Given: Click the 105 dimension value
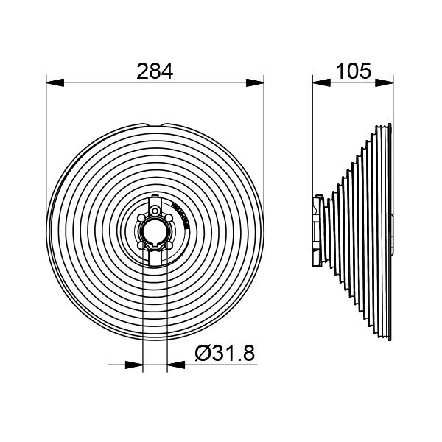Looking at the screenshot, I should click(353, 71).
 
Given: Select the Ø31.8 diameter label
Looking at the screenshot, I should click(225, 354).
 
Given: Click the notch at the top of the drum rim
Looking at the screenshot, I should click(156, 123).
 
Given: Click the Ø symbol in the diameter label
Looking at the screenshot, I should click(203, 354).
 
